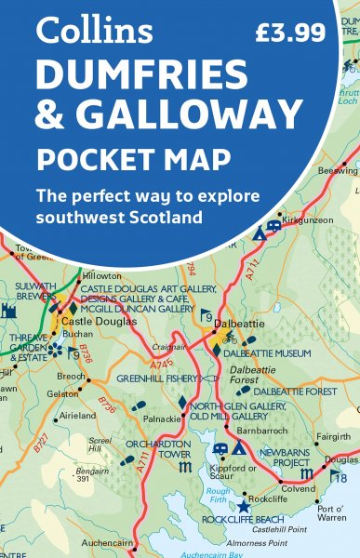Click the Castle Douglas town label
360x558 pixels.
99,321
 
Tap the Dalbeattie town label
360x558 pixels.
234,325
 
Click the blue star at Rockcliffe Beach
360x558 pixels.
244,507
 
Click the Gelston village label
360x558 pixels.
59,394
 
